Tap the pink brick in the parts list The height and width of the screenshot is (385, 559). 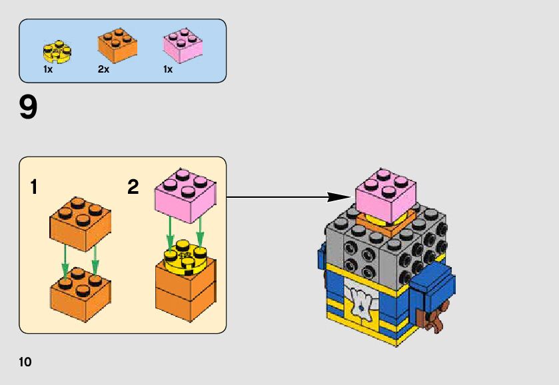click(183, 45)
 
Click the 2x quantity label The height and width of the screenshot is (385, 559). click(103, 69)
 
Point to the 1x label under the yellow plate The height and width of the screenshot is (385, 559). click(48, 69)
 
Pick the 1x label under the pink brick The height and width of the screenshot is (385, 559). click(168, 69)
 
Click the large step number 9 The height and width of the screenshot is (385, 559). click(29, 109)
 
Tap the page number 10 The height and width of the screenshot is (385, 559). click(25, 362)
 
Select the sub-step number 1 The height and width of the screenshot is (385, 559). click(33, 187)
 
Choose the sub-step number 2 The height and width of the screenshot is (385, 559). click(133, 187)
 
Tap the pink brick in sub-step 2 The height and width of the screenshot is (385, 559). click(186, 196)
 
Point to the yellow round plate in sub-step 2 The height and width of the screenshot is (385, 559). click(185, 256)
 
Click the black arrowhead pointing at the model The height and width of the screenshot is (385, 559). click(339, 196)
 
